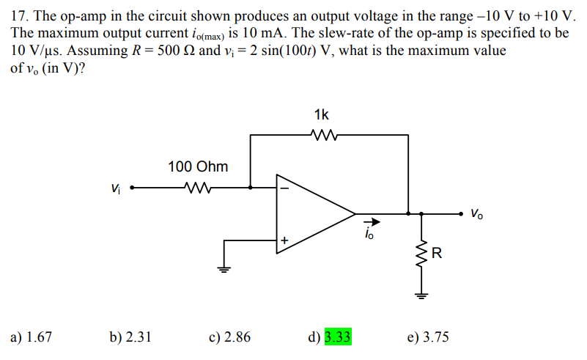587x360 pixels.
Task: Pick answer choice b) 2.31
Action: tap(130, 337)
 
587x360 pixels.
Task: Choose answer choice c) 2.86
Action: tap(229, 337)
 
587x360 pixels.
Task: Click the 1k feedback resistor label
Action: tap(321, 114)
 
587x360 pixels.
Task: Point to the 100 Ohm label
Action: tap(198, 166)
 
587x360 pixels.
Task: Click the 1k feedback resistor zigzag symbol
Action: tap(322, 135)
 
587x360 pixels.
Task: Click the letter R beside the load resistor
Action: tap(437, 254)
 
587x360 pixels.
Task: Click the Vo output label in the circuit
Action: tap(477, 214)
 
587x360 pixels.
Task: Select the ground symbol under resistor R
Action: tap(421, 295)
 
